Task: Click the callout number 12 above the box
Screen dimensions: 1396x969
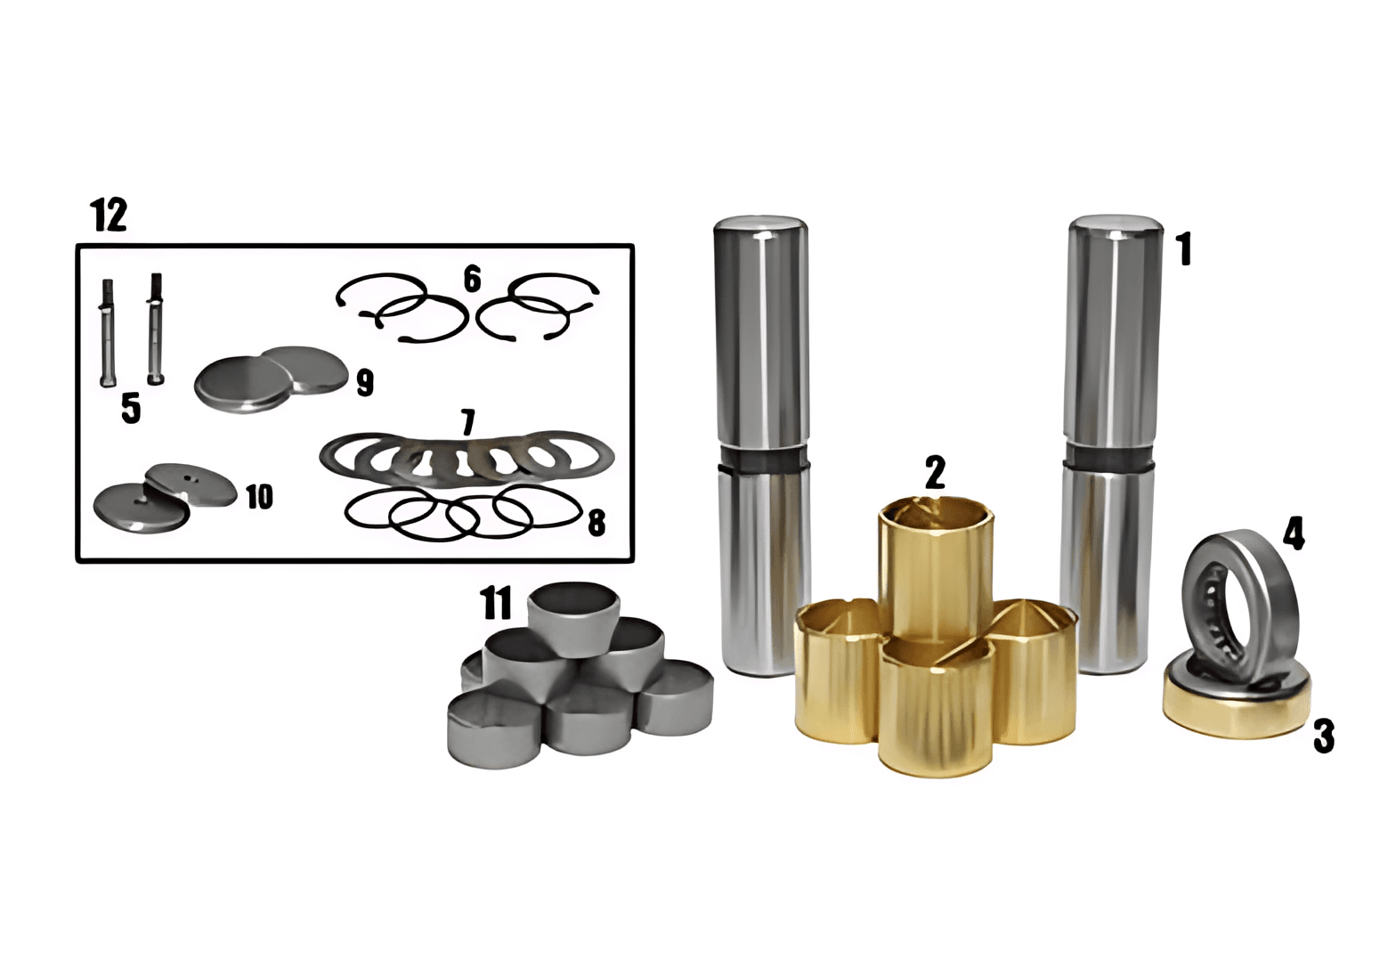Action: (x=109, y=215)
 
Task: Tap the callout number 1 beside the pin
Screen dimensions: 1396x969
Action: (x=1183, y=248)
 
